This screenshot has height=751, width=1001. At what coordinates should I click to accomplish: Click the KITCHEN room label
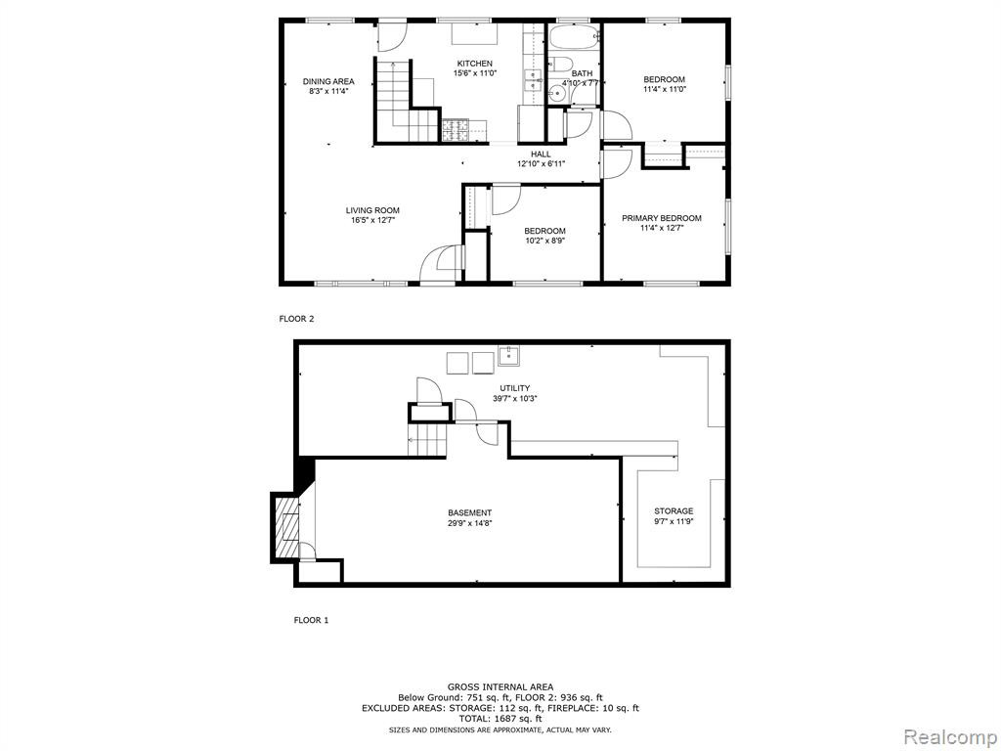tap(474, 64)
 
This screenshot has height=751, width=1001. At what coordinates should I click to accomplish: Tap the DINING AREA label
tap(328, 81)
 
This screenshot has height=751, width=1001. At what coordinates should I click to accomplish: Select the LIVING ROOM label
tap(372, 210)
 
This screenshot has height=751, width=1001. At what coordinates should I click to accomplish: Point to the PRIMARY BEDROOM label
tap(662, 218)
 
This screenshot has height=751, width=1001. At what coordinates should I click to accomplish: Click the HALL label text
tap(541, 154)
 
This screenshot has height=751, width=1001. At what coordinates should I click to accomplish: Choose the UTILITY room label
tap(514, 388)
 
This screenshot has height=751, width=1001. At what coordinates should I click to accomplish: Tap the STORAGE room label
tap(674, 510)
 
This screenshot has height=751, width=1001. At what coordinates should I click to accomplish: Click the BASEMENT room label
tap(470, 512)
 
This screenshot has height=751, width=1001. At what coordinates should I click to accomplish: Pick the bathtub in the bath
tap(575, 38)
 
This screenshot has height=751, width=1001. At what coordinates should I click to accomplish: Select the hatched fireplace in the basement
tap(286, 527)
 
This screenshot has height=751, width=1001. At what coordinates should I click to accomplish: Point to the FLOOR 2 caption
tap(297, 318)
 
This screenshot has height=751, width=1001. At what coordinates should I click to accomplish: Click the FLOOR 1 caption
tap(311, 619)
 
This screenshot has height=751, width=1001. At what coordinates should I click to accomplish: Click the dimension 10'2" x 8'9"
tap(545, 241)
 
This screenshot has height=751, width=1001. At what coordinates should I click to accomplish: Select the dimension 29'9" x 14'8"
tap(470, 522)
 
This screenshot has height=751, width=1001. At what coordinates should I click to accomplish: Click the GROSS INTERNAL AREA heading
tap(500, 687)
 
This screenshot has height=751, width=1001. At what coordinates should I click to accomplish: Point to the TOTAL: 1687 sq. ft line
tap(500, 719)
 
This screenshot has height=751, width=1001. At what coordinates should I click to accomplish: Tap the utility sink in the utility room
tap(508, 355)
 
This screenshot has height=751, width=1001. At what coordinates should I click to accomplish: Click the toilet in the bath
tap(560, 64)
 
